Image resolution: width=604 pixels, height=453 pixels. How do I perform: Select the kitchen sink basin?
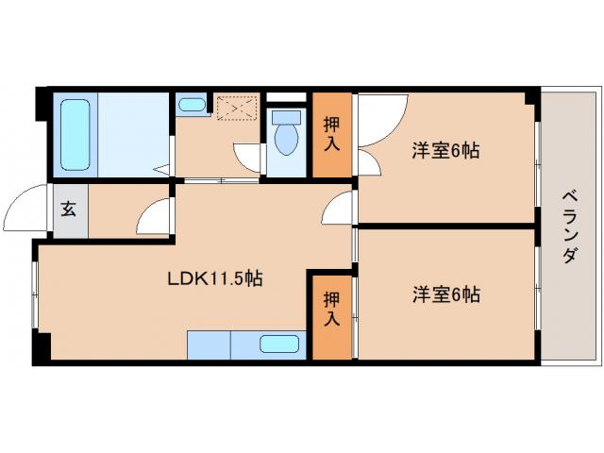tap(279, 344)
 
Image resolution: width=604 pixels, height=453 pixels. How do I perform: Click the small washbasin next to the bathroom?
tap(192, 104)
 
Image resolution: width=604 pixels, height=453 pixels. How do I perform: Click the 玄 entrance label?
tap(70, 210)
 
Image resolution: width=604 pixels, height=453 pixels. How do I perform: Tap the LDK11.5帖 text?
tap(215, 279)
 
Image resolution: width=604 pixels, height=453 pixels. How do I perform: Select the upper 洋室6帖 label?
tap(445, 149)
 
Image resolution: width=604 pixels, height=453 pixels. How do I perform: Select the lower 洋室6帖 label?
tap(445, 294)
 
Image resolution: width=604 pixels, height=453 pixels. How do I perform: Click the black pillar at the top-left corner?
tap(42, 102)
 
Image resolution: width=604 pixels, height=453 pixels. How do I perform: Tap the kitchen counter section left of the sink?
tap(209, 344)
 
